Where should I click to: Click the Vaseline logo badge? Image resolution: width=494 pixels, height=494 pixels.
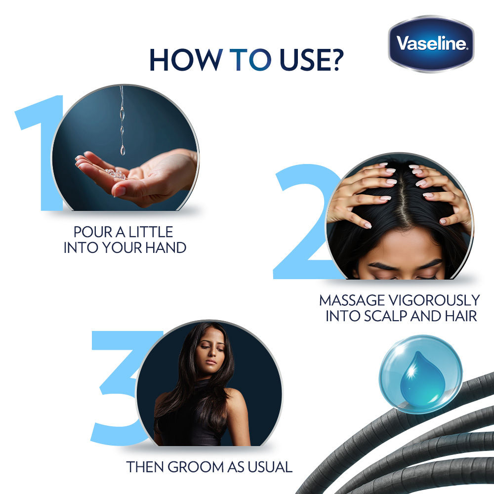click(431, 44)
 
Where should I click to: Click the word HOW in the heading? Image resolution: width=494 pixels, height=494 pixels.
click(186, 60)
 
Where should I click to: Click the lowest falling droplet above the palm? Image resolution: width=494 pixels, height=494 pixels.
click(123, 150)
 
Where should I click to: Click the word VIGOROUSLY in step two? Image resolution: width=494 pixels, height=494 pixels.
click(434, 300)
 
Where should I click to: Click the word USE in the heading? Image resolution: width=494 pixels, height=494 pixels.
click(303, 60)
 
